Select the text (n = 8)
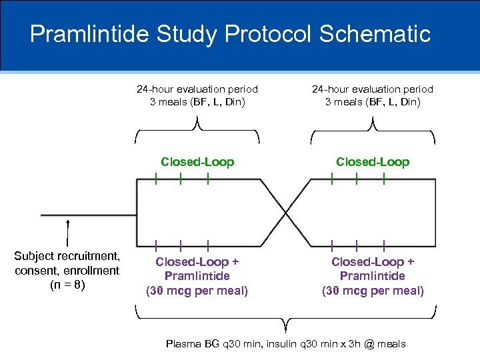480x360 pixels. [x=67, y=285]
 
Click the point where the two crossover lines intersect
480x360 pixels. [x=286, y=213]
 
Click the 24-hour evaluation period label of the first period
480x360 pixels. [x=197, y=89]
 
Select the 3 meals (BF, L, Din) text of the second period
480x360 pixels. [x=373, y=102]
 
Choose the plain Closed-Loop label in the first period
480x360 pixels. [x=197, y=162]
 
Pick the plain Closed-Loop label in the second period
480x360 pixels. [x=373, y=162]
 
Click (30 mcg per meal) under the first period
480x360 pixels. [x=197, y=291]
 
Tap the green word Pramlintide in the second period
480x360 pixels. [x=373, y=276]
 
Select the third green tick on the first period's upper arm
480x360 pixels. [x=208, y=179]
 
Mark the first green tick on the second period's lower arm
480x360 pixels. [x=333, y=245]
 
